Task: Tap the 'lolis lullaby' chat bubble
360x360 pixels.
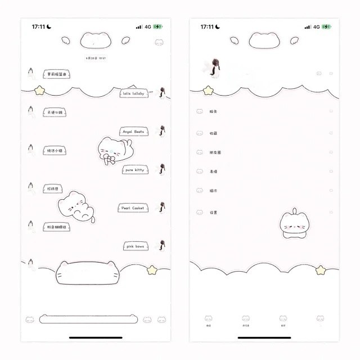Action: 133,93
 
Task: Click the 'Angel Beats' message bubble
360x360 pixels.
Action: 133,132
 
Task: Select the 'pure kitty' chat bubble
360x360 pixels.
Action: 134,170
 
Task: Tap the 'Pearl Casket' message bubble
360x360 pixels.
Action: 133,208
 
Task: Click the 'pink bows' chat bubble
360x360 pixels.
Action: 135,246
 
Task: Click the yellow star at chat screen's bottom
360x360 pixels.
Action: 151,270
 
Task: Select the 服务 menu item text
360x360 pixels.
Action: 214,112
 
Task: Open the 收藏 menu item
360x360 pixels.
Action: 214,133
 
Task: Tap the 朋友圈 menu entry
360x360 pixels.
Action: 215,152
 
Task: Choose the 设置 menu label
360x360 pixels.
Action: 214,213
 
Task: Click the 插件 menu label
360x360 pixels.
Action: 214,191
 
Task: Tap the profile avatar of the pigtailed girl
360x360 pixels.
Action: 214,67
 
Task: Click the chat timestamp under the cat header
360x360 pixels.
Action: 96,58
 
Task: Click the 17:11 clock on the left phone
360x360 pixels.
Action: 38,26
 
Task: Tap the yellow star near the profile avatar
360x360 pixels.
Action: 208,90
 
